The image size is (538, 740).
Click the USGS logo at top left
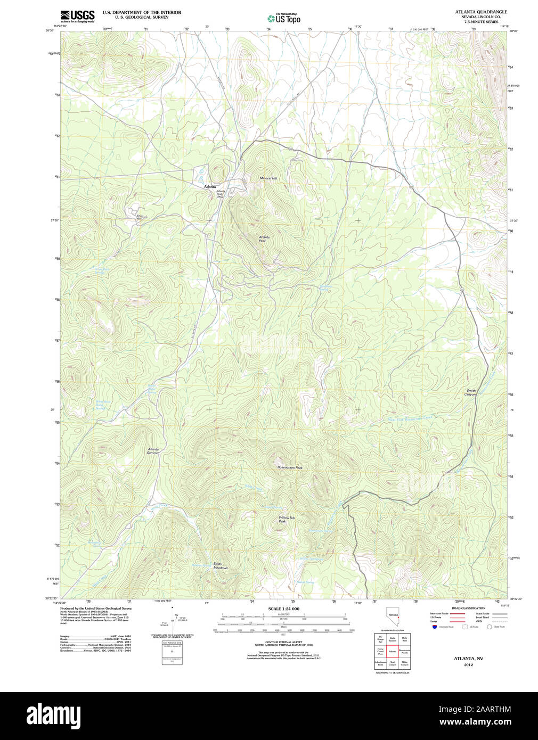77,16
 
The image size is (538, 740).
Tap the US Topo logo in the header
284,19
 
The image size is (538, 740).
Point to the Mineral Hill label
268,178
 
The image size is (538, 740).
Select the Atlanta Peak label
264,239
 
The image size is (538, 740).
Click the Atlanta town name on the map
210,187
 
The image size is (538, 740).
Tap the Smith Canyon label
470,392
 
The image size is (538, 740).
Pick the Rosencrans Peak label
290,467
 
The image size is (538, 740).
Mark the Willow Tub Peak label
286,519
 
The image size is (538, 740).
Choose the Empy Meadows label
220,565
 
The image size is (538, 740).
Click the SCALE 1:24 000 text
283,609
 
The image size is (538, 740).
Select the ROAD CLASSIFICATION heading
468,608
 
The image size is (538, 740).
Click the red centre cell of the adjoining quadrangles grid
393,651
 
